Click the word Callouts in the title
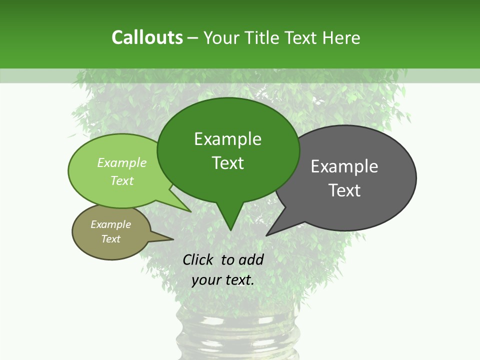147,37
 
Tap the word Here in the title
342,37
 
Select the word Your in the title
222,37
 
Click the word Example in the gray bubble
344,166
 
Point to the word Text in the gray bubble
344,190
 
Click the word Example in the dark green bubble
227,139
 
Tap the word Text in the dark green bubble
227,163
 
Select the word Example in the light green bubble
122,162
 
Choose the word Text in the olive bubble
110,239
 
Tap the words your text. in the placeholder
222,280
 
